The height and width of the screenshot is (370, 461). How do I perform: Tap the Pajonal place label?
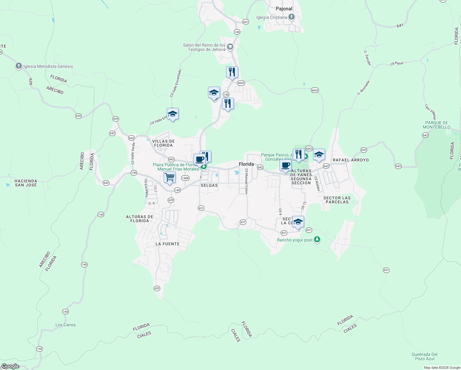pyautogui.click(x=284, y=9)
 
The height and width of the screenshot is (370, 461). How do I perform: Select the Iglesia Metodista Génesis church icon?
pyautogui.click(x=19, y=66)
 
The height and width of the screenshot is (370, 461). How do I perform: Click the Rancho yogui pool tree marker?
pyautogui.click(x=317, y=240)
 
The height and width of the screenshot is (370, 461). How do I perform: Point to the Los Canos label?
pyautogui.click(x=65, y=325)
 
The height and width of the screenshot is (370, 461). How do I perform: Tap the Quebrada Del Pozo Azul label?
pyautogui.click(x=424, y=356)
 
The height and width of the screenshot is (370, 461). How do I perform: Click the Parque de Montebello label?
pyautogui.click(x=436, y=125)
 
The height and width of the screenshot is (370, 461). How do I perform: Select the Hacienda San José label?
pyautogui.click(x=26, y=183)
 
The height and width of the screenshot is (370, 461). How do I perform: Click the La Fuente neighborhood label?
pyautogui.click(x=167, y=244)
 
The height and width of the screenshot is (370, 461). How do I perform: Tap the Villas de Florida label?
pyautogui.click(x=163, y=143)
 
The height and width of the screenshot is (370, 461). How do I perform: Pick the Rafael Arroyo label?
pyautogui.click(x=351, y=160)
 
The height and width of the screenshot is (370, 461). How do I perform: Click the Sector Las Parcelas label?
pyautogui.click(x=337, y=200)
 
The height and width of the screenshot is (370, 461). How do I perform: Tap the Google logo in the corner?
pyautogui.click(x=10, y=366)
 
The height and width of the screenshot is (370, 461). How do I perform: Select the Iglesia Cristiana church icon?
pyautogui.click(x=292, y=17)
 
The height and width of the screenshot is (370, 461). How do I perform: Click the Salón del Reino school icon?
pyautogui.click(x=230, y=47)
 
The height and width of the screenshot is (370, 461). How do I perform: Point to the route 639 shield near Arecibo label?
pyautogui.click(x=78, y=116)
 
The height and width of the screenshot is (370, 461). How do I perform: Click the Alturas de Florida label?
pyautogui.click(x=140, y=219)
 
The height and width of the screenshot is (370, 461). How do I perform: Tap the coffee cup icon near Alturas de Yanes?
pyautogui.click(x=285, y=166)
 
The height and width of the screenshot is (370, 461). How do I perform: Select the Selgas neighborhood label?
pyautogui.click(x=209, y=185)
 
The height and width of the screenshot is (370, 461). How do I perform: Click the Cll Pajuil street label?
pyautogui.click(x=397, y=64)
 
